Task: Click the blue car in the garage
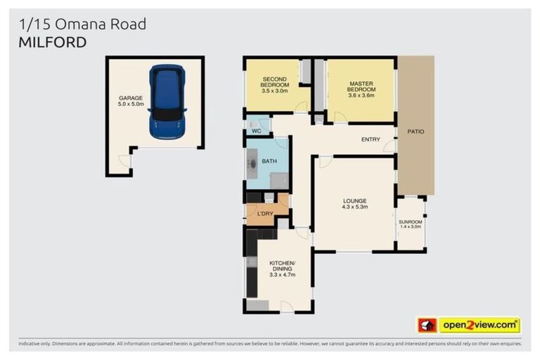point(167,102)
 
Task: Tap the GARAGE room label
point(131,98)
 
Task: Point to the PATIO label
point(416,131)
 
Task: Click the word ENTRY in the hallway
point(371,139)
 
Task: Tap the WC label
point(257,131)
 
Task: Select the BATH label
point(269,161)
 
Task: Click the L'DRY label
point(264,213)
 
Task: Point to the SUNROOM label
point(410,221)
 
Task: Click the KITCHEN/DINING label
point(281,266)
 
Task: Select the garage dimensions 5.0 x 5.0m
point(131,104)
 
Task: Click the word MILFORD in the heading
point(53,42)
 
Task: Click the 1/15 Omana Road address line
point(82,24)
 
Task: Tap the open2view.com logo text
point(480,325)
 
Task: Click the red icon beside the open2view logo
point(427,325)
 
